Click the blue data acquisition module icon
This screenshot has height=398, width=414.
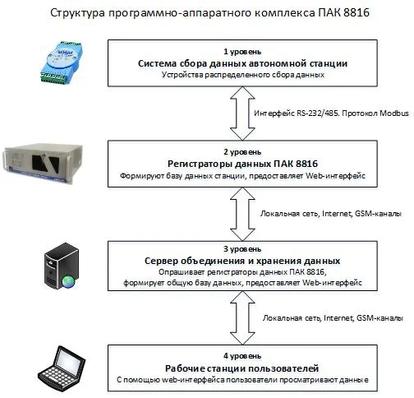(x=61, y=62)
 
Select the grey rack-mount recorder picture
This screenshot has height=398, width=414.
(x=43, y=162)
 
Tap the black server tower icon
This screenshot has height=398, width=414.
(x=62, y=266)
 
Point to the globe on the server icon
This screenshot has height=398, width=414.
(x=68, y=282)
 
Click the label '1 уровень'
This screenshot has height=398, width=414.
(x=242, y=52)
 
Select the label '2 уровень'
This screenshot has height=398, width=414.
(x=242, y=152)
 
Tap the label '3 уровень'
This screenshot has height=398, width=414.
(x=242, y=249)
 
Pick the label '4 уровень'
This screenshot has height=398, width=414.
(x=242, y=356)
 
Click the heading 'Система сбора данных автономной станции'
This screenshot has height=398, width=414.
(x=242, y=63)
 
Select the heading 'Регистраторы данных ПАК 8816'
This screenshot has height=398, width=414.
(x=242, y=164)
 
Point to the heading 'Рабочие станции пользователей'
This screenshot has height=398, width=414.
(x=242, y=368)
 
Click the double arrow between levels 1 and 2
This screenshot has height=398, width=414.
(x=242, y=113)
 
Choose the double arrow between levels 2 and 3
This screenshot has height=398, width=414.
(x=242, y=214)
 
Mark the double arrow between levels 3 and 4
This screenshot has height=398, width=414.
(x=242, y=318)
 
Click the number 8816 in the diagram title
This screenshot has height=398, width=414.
(x=356, y=13)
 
